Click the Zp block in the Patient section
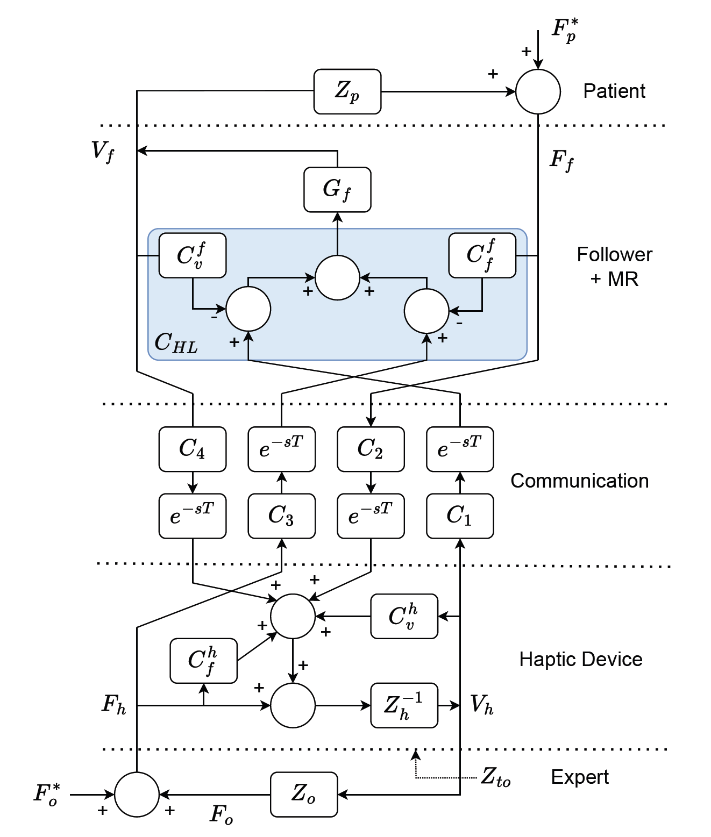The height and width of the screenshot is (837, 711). point(347,91)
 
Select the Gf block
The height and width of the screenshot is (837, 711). point(337,190)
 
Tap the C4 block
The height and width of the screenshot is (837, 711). point(193,449)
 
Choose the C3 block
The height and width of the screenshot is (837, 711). point(282,516)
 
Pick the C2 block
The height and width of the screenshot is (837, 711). point(371,449)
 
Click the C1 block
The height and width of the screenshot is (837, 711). point(460,516)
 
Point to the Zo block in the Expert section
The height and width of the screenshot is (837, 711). point(304,795)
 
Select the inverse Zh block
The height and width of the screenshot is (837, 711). point(404,705)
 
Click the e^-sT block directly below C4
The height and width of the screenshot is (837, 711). point(193,516)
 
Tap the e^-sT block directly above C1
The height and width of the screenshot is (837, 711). point(460,449)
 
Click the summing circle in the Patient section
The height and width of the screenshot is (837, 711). point(538,91)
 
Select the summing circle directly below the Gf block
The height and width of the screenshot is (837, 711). point(337,278)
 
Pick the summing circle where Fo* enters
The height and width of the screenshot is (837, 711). point(137,795)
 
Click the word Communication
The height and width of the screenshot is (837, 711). point(579,481)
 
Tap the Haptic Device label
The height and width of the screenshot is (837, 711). point(581,659)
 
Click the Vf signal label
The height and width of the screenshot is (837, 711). point(103,152)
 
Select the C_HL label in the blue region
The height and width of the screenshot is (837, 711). point(176,343)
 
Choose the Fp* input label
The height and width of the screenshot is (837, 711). point(565,30)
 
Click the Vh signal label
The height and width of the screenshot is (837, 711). point(482,705)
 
